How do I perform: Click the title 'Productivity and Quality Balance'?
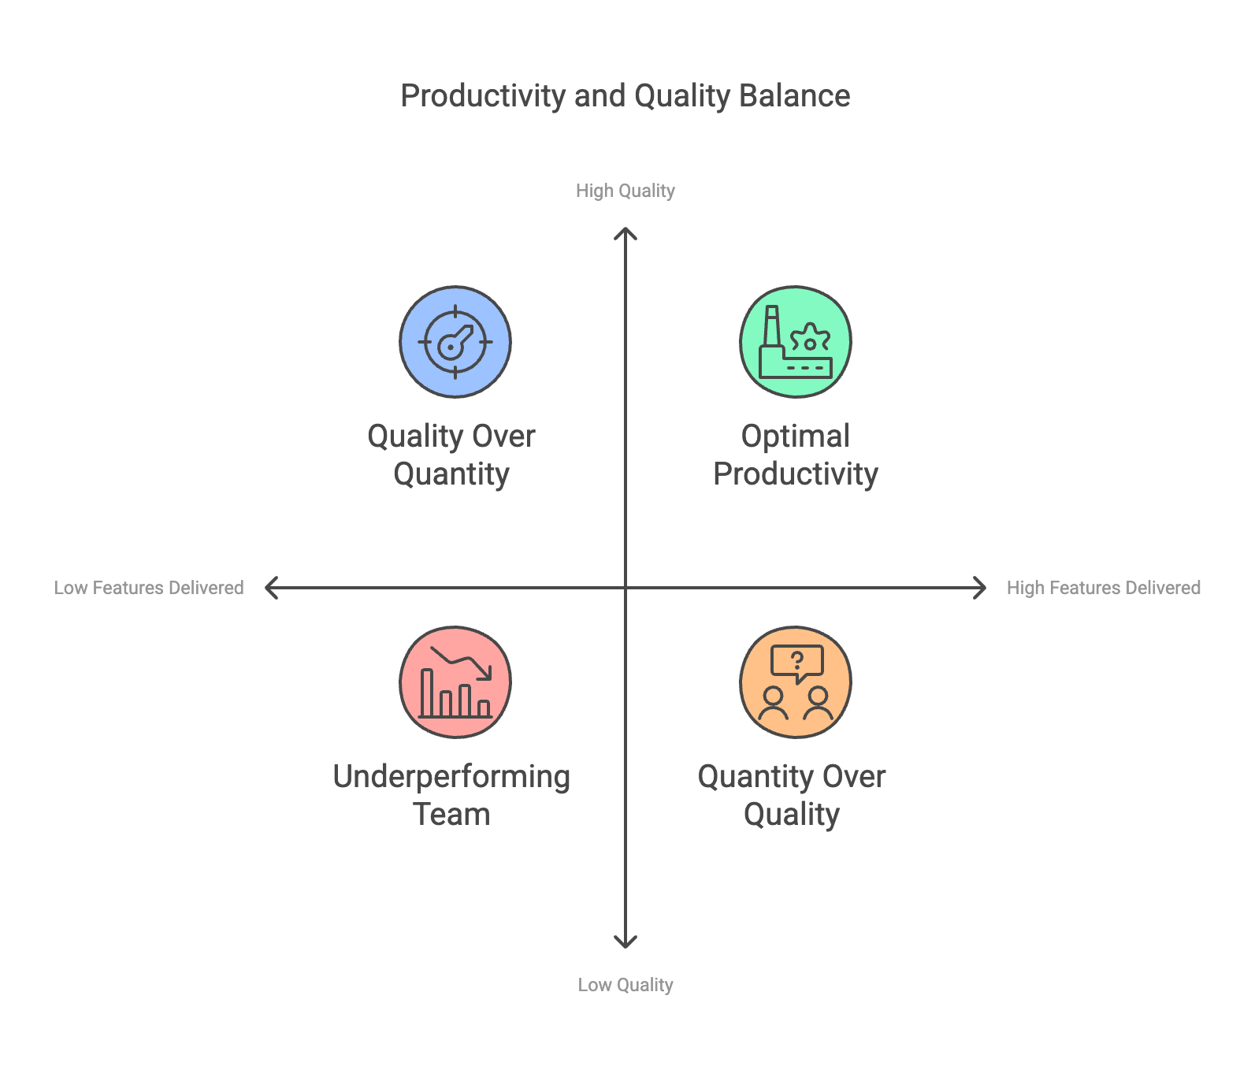coord(625,96)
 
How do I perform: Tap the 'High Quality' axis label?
coord(625,191)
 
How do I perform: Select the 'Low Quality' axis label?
coord(625,985)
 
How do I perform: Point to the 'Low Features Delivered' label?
coord(149,588)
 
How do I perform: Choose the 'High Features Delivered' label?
coord(1103,588)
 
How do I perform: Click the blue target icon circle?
coord(455,342)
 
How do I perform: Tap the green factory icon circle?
coord(796,342)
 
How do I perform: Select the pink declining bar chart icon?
coord(455,682)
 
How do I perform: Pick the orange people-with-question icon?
coord(796,682)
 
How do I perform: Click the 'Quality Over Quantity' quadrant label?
coord(451,455)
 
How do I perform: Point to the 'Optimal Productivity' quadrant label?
coord(796,455)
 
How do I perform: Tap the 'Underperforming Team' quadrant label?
coord(451,795)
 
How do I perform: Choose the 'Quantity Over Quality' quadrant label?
coord(792,795)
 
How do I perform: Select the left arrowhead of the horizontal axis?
coord(269,588)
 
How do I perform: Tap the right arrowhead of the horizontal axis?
coord(982,588)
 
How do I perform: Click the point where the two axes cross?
coord(625,588)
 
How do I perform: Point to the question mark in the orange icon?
coord(797,660)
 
